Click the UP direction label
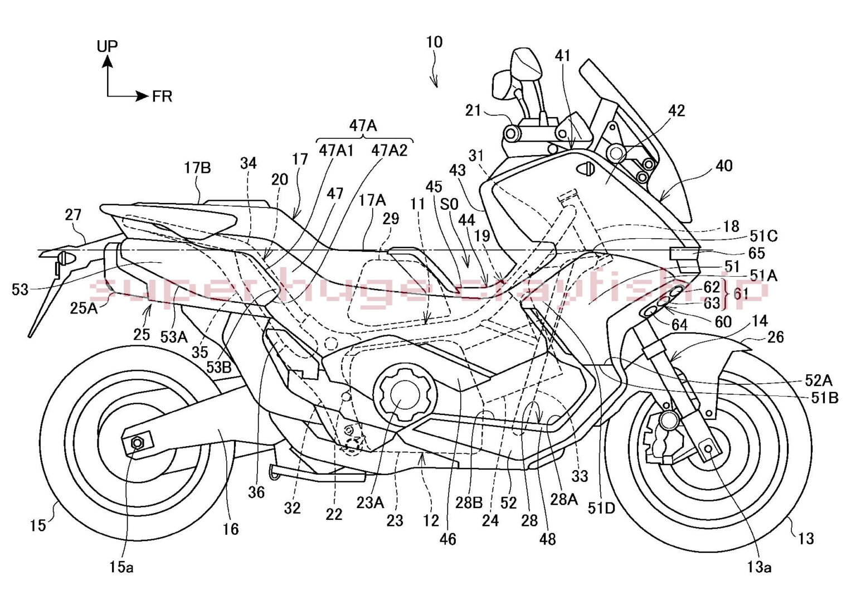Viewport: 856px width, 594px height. [108, 46]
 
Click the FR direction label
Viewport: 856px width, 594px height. [162, 96]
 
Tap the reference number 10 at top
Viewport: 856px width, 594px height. [434, 42]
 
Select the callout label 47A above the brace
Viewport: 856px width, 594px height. [363, 126]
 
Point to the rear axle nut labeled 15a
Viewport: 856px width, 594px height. [137, 443]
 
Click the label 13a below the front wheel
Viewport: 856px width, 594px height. [759, 567]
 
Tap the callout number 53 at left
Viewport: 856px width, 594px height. [20, 289]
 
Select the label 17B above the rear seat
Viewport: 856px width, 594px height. [198, 167]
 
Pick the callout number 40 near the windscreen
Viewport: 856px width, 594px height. [723, 166]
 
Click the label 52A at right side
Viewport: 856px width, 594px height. [818, 381]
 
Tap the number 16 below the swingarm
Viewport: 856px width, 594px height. [231, 528]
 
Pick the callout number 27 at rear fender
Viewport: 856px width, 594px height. [73, 214]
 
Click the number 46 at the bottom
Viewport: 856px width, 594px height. [448, 539]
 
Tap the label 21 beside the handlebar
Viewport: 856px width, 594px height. [473, 110]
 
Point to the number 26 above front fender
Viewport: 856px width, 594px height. [775, 336]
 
